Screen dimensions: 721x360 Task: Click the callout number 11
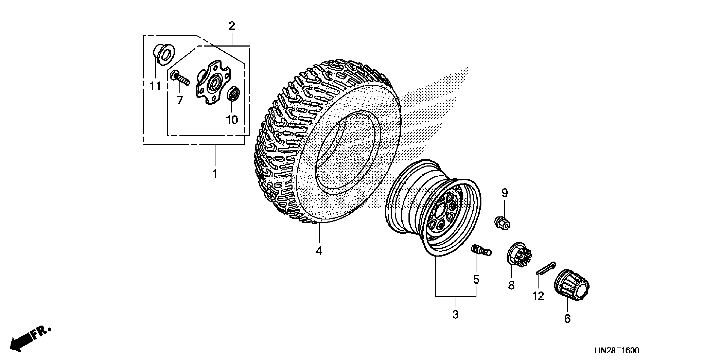pyautogui.click(x=155, y=86)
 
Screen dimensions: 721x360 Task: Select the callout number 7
pyautogui.click(x=180, y=100)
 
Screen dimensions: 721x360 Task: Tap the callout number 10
pyautogui.click(x=232, y=120)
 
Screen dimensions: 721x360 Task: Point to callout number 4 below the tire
pyautogui.click(x=319, y=251)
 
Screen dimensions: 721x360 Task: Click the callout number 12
pyautogui.click(x=538, y=296)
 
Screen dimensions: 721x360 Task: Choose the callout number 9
pyautogui.click(x=504, y=193)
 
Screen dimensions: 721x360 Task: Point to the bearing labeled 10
pyautogui.click(x=233, y=94)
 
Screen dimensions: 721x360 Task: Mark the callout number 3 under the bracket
pyautogui.click(x=455, y=315)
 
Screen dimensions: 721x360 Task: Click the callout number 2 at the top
pyautogui.click(x=232, y=26)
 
